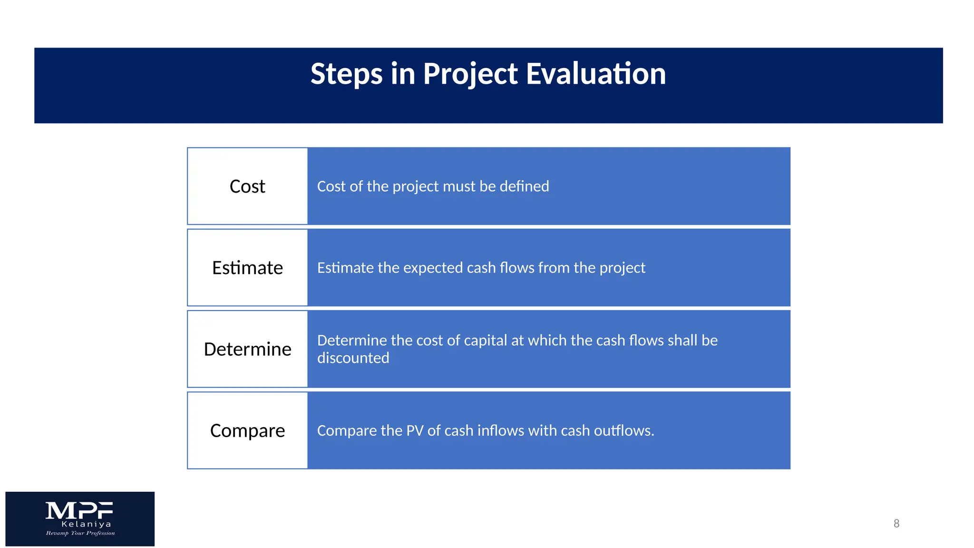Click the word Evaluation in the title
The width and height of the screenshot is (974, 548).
(596, 74)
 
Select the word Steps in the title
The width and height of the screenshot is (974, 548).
(346, 74)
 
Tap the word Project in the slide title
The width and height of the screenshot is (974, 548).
(470, 74)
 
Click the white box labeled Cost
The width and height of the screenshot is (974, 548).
(247, 186)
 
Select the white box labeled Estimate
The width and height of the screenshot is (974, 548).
(247, 268)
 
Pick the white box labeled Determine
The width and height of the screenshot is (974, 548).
(247, 349)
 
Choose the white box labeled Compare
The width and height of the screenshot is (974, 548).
(247, 431)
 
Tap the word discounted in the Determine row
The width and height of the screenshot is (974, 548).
(353, 358)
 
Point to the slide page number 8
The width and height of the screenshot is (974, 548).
(896, 523)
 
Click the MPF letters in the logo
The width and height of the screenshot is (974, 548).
(79, 511)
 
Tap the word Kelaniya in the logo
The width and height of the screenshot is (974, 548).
(86, 524)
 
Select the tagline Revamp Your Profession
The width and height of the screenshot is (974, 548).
(80, 533)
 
